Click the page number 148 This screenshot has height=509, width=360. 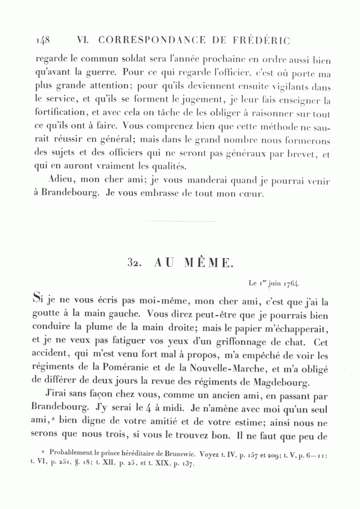pyautogui.click(x=42, y=40)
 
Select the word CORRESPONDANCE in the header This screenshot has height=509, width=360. pyautogui.click(x=152, y=40)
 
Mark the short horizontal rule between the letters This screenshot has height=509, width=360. pyautogui.click(x=181, y=221)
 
